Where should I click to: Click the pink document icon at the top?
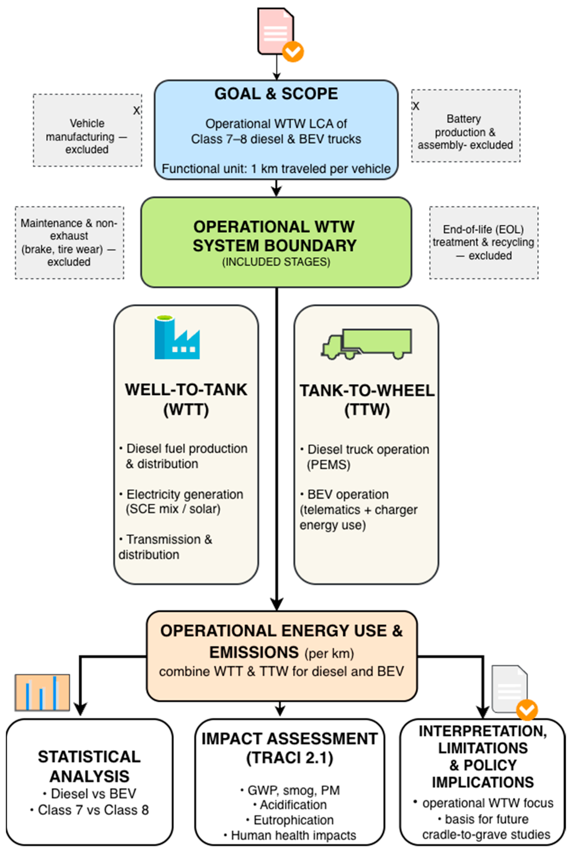[276, 32]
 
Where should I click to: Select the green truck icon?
[367, 344]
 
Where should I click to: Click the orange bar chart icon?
[42, 692]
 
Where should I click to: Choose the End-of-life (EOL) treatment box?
[484, 242]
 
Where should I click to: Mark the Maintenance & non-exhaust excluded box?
[69, 242]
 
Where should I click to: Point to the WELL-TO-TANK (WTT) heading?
[186, 399]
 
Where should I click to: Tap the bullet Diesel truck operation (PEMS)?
[365, 457]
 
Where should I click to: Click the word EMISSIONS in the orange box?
[254, 652]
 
